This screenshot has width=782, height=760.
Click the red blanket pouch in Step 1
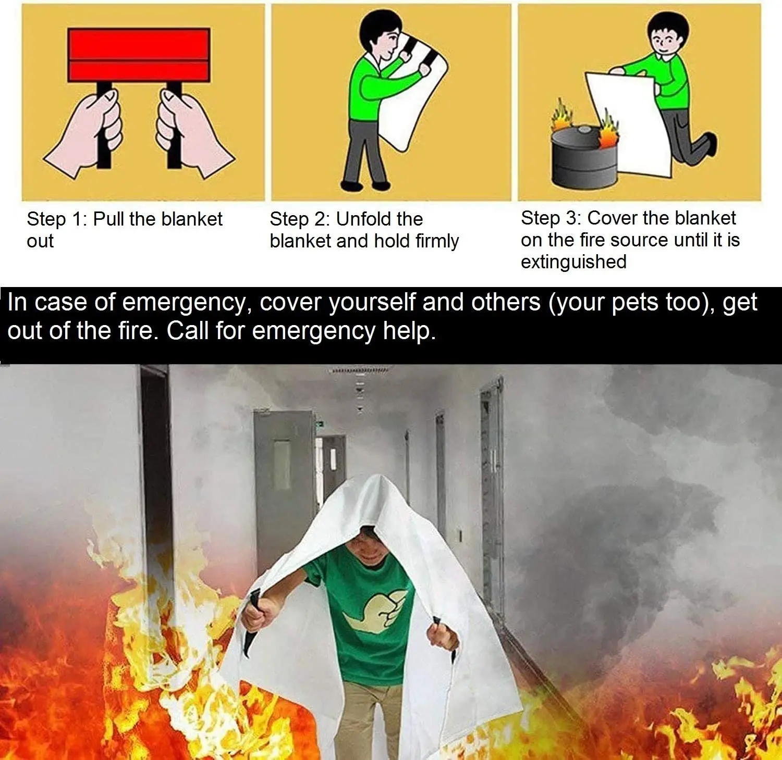point(139,55)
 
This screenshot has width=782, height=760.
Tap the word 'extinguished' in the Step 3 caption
point(573,262)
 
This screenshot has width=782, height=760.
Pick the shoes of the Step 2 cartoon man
point(365,185)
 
